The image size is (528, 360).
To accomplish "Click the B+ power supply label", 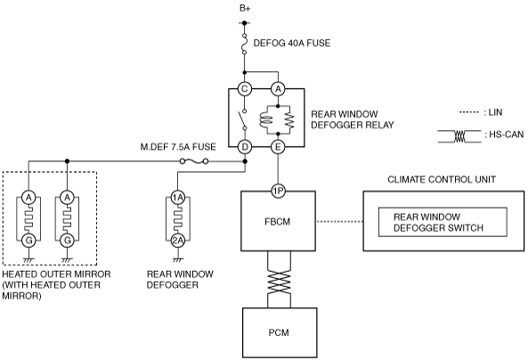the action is click(x=245, y=8).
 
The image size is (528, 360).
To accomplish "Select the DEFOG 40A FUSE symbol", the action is click(x=245, y=43).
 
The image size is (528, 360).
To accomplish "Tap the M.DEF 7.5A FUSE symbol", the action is click(x=194, y=161).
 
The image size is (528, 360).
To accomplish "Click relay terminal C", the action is click(x=245, y=89).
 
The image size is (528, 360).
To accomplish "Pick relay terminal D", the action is click(x=245, y=147).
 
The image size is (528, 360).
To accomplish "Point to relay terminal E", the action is click(x=278, y=147).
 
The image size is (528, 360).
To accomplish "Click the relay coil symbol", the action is click(x=266, y=120).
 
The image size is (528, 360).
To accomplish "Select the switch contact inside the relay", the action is click(x=243, y=119).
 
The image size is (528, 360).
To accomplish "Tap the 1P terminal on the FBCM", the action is click(x=278, y=192).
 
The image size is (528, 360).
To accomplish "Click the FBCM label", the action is click(x=278, y=222).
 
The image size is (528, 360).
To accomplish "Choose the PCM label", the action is click(x=279, y=332).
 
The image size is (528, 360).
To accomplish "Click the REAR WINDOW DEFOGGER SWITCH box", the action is click(x=443, y=222).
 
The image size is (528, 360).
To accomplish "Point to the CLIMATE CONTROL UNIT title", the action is click(x=442, y=179).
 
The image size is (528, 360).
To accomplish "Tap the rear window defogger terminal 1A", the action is click(x=178, y=197).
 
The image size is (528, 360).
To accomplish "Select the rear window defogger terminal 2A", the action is click(x=178, y=241).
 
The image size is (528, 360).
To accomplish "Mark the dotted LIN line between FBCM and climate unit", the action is click(x=340, y=222).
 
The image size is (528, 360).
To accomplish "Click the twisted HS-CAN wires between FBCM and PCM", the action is click(x=279, y=280).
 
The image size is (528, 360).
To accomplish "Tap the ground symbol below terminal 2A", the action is click(x=178, y=260).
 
